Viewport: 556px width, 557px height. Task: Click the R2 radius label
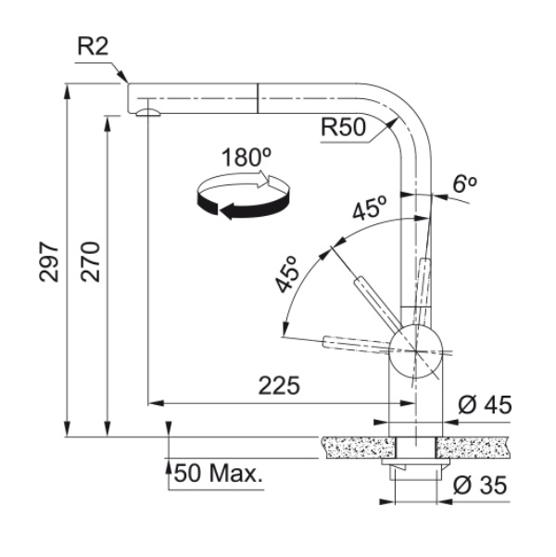(93, 46)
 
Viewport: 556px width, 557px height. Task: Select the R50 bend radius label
(343, 127)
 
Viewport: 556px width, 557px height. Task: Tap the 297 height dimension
(49, 262)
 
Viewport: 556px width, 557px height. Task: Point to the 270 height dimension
(90, 262)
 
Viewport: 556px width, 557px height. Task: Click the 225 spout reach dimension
(279, 386)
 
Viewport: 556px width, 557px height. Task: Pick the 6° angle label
(464, 184)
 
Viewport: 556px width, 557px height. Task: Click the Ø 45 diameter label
(485, 404)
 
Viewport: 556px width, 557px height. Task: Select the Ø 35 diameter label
(480, 486)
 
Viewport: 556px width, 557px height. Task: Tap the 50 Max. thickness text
(218, 474)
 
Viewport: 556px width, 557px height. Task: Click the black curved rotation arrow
(244, 204)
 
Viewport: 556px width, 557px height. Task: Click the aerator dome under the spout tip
(148, 112)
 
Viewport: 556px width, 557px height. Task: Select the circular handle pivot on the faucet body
(416, 351)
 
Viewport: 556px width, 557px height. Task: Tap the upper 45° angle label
(369, 209)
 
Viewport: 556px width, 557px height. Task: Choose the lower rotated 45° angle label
(286, 274)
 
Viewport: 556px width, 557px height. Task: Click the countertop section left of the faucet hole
(358, 448)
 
